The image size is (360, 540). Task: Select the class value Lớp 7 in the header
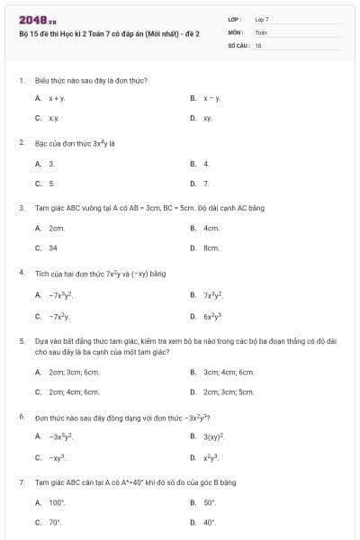262,19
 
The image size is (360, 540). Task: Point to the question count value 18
258,44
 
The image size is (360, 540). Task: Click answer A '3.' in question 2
51,164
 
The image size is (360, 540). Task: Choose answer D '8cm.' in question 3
211,247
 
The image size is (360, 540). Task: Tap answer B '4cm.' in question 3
211,228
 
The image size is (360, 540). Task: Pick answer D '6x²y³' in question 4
212,316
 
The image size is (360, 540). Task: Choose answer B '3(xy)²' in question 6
213,436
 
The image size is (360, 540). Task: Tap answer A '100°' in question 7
57,502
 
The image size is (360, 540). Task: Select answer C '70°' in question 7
54,522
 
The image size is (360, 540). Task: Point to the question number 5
21,342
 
